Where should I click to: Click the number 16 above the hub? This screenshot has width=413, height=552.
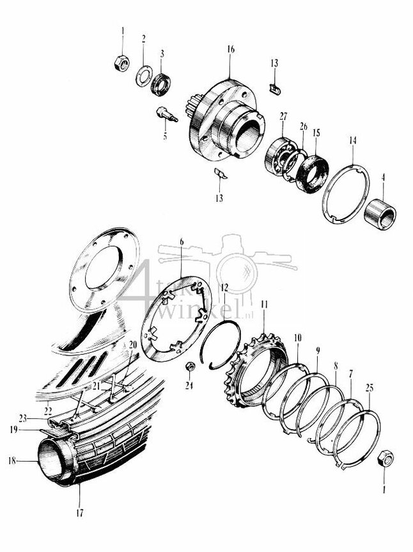click(x=230, y=49)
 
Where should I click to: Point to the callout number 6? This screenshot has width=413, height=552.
click(x=182, y=241)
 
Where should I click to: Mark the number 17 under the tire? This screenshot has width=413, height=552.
click(x=80, y=513)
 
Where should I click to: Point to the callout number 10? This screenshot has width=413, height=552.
click(x=298, y=337)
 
